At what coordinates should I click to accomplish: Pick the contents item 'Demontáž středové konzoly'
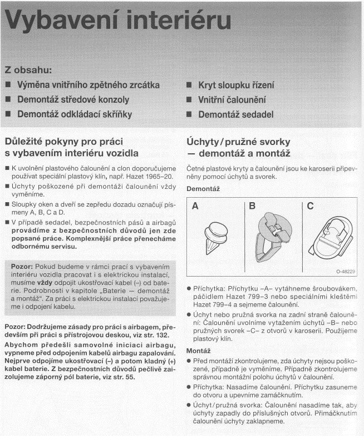coord(73,100)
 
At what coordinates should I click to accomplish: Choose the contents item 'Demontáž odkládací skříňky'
coord(75,115)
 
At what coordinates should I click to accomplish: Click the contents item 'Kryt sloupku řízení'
coord(236,86)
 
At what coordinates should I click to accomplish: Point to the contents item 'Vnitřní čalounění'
coord(232,100)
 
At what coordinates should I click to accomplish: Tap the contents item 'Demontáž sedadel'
coord(236,115)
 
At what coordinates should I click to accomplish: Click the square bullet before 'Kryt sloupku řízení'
coord(189,86)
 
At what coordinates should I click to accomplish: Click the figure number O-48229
coord(346,272)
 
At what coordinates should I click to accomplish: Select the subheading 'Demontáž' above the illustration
coord(203,189)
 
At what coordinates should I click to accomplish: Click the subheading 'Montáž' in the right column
coord(198,352)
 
